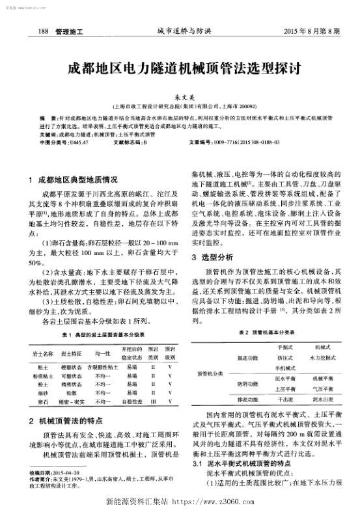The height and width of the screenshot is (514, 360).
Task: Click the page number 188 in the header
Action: coord(44,31)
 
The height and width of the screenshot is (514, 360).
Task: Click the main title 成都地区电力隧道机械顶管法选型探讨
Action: coord(180,68)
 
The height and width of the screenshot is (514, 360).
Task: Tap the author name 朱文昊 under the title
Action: coord(180,95)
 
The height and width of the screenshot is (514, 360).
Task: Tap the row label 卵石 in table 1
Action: coord(42,403)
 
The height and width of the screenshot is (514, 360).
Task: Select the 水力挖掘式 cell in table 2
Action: coord(322,357)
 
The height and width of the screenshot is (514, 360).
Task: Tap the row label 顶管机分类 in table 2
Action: coord(210,374)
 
